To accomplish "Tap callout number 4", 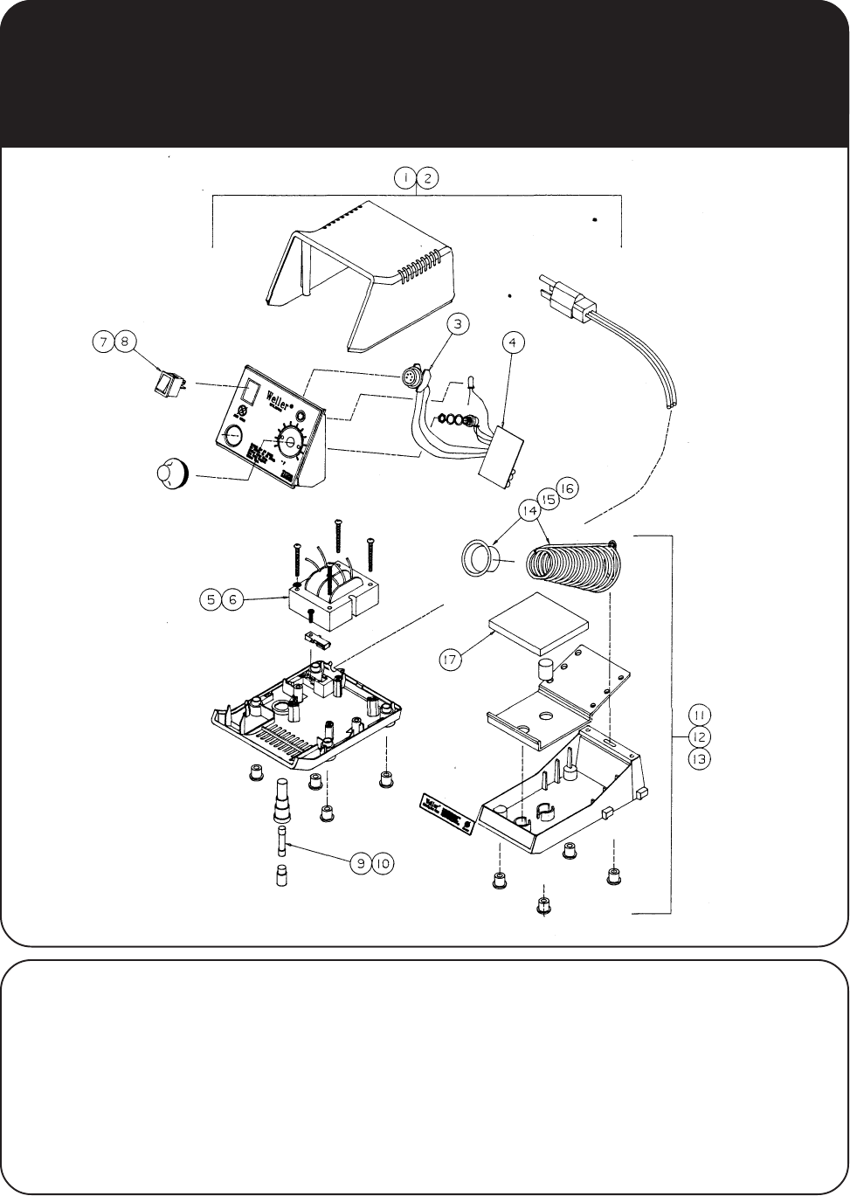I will point(514,343).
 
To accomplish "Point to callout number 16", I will point(566,488).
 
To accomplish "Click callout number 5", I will point(211,599).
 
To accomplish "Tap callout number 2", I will point(428,178).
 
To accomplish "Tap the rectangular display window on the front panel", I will point(251,391).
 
